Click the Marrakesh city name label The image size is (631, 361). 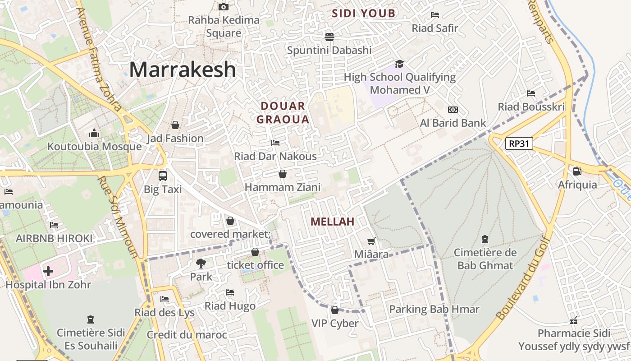pyautogui.click(x=183, y=70)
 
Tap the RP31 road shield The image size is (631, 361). pyautogui.click(x=519, y=144)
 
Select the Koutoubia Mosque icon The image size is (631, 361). pyautogui.click(x=94, y=133)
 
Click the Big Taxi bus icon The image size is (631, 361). pyautogui.click(x=163, y=176)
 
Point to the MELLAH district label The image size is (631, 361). pyautogui.click(x=333, y=222)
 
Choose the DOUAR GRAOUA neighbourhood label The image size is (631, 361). pyautogui.click(x=283, y=113)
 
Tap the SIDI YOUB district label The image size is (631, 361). pyautogui.click(x=363, y=14)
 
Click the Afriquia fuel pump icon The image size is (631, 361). pyautogui.click(x=577, y=171)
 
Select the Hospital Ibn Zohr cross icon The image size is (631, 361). pyautogui.click(x=48, y=271)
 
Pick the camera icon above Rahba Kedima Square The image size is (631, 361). pyautogui.click(x=224, y=7)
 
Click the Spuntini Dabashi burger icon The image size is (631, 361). pyautogui.click(x=329, y=37)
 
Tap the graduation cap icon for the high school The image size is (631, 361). pyautogui.click(x=399, y=64)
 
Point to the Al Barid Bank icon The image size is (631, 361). pyautogui.click(x=453, y=110)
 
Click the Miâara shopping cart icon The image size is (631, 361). pyautogui.click(x=371, y=241)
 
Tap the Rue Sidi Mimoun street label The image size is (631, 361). pyautogui.click(x=118, y=217)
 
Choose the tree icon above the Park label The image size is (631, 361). pyautogui.click(x=201, y=263)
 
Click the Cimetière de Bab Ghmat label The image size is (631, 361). pyautogui.click(x=485, y=259)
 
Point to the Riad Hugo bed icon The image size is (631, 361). pyautogui.click(x=230, y=292)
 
